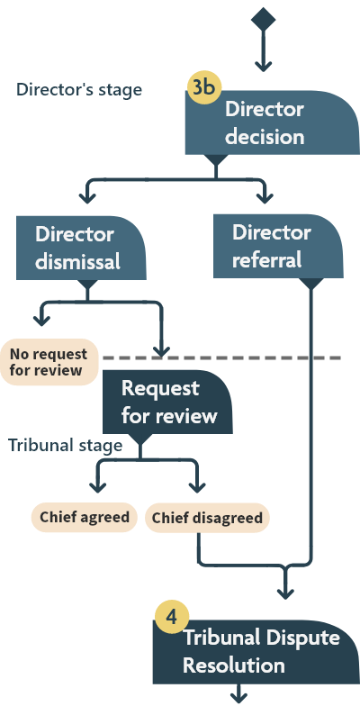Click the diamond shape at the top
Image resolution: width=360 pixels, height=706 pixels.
(263, 18)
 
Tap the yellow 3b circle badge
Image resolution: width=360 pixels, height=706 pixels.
(204, 87)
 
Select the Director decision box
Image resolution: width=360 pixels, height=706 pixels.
(264, 123)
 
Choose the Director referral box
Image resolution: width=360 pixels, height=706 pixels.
(278, 247)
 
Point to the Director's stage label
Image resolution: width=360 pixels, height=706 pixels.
(79, 90)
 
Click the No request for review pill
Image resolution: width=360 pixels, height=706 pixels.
(48, 362)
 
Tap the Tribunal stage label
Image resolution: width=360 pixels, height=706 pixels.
(66, 446)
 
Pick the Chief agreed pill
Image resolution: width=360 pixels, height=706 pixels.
(84, 518)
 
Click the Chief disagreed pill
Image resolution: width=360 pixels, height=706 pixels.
(207, 519)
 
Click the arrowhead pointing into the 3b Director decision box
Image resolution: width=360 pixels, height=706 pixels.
(263, 65)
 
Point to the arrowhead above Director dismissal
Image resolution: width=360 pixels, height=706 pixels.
(86, 195)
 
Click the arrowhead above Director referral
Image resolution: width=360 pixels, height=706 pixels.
(263, 195)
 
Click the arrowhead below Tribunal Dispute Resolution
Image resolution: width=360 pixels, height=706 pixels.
(241, 696)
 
